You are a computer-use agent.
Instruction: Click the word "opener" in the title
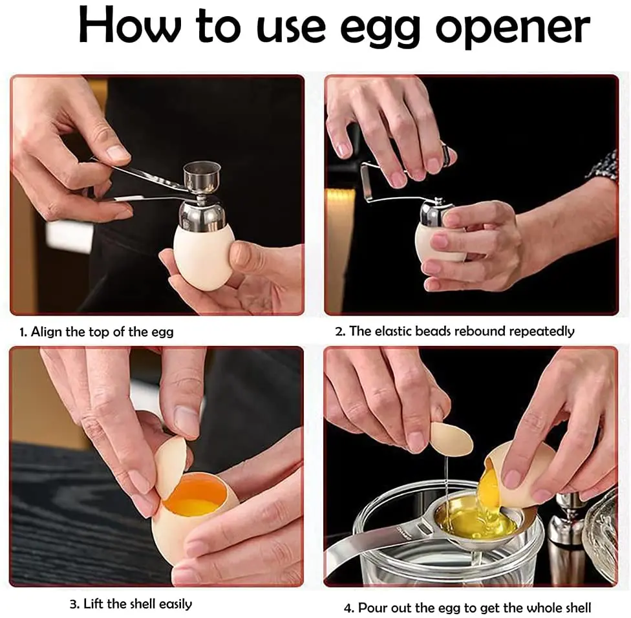(x=512, y=27)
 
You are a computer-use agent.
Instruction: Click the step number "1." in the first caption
(x=23, y=332)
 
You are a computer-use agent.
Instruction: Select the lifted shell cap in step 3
(x=169, y=467)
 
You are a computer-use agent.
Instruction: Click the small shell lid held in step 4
(x=451, y=439)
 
